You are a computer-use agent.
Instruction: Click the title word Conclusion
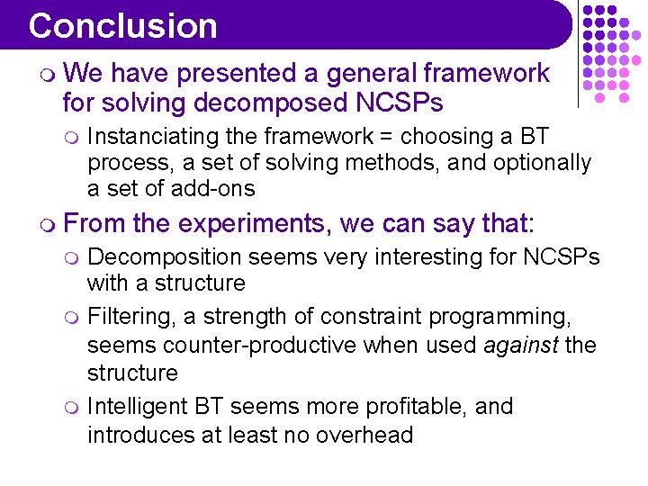[122, 26]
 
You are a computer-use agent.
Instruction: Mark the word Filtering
[127, 317]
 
